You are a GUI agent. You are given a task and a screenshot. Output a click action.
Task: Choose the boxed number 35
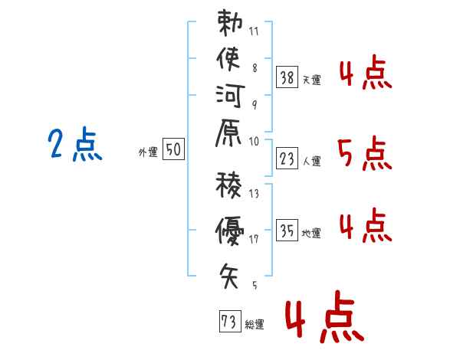(287, 230)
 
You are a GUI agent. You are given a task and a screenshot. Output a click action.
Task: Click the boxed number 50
(173, 150)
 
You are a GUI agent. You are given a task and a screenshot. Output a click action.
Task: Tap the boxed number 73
(229, 321)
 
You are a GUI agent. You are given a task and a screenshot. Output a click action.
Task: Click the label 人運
(312, 162)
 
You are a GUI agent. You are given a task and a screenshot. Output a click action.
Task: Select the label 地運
(312, 234)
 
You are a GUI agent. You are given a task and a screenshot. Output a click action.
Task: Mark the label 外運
(148, 153)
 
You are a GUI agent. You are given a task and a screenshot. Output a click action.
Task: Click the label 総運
(255, 325)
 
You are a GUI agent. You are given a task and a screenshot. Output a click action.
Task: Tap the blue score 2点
(75, 145)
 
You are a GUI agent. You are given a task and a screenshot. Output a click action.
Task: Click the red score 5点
(364, 153)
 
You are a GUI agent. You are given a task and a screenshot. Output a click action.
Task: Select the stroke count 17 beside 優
(253, 239)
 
